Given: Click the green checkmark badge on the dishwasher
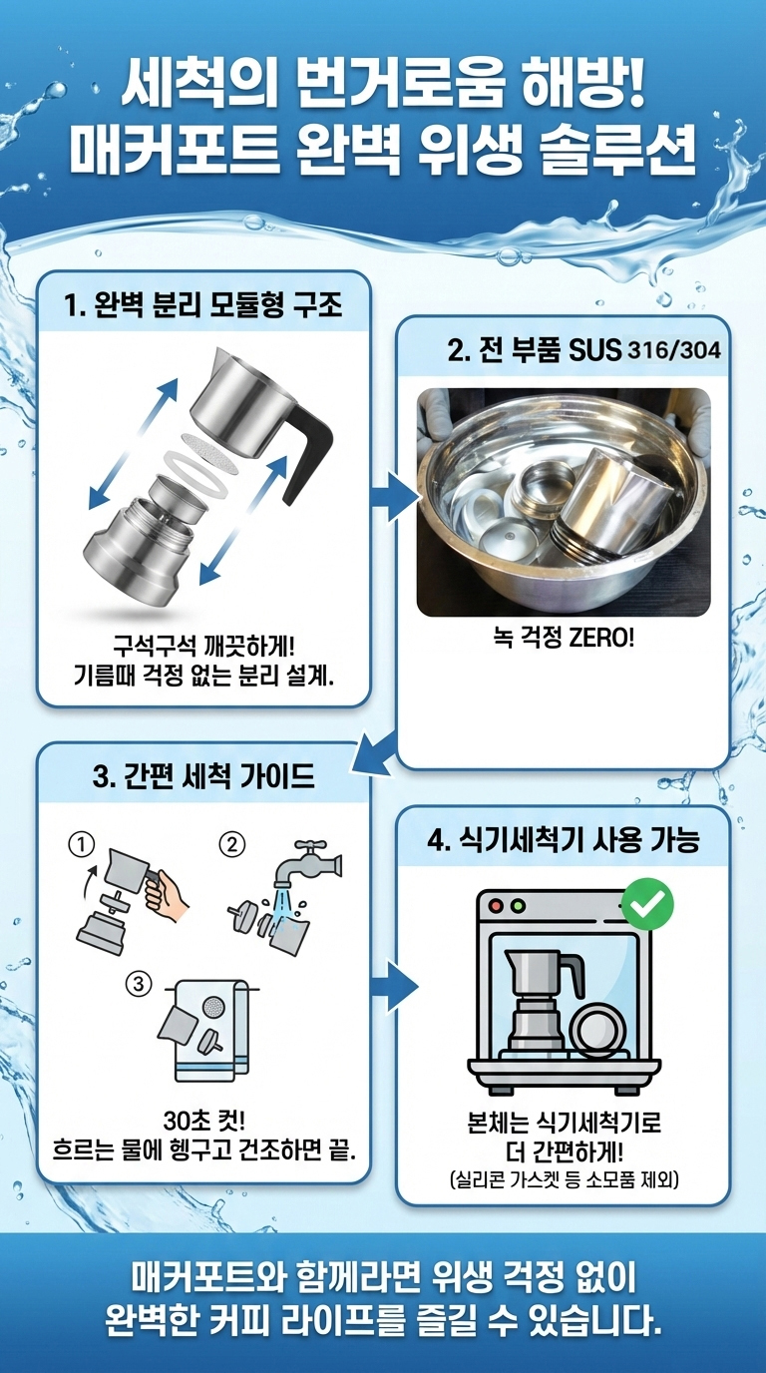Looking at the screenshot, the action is (x=647, y=903).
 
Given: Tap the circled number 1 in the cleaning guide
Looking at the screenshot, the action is (x=82, y=845).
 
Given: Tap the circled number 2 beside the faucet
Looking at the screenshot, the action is (x=232, y=845).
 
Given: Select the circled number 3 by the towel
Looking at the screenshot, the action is (x=139, y=984).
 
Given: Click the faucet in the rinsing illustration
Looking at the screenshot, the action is (x=307, y=863).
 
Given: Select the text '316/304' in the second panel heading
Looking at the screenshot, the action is (x=673, y=350).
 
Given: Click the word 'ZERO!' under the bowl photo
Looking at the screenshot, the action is (x=601, y=639).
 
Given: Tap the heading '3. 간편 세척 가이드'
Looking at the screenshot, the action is (x=204, y=776).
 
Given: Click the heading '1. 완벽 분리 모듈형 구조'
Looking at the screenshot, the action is (x=204, y=304).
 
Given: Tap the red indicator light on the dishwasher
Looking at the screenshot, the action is (x=497, y=906).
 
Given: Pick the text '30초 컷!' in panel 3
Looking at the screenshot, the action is (x=204, y=1121).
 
